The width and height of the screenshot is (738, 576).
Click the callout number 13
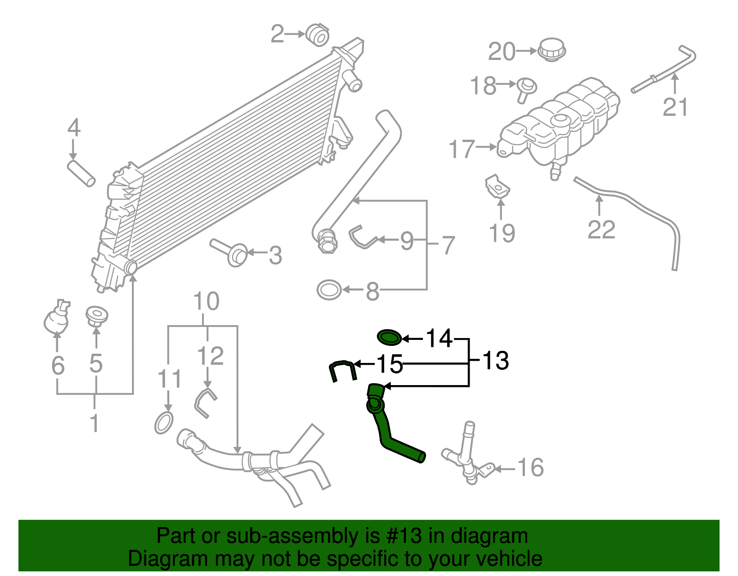tap(495, 361)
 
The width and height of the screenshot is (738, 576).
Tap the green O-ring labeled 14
tap(389, 337)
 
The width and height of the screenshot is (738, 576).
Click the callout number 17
tap(462, 149)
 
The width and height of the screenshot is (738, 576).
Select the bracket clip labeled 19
tap(498, 185)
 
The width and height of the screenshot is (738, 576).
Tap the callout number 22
tap(601, 229)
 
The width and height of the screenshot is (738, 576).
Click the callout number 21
tap(675, 107)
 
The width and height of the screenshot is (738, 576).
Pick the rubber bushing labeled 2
tap(317, 35)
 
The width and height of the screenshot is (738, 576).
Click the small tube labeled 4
tap(81, 173)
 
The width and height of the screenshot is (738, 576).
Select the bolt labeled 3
tap(231, 251)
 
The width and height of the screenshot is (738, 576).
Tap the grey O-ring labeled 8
tap(329, 290)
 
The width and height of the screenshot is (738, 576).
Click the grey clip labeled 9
tap(363, 237)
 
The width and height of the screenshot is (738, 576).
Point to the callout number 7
tap(448, 245)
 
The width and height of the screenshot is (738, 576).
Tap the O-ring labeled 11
tap(164, 423)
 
